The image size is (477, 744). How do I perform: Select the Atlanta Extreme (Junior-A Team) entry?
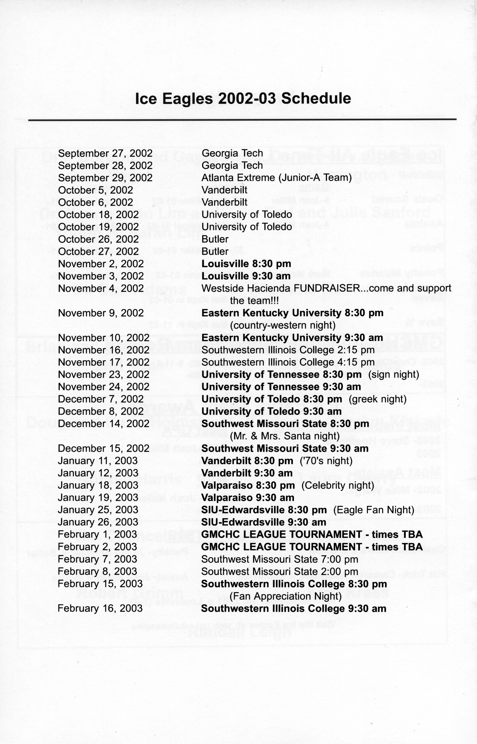[277, 178]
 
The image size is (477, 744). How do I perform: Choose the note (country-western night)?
[283, 325]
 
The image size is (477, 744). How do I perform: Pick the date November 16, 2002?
[103, 350]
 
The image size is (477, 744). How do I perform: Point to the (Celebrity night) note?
[338, 485]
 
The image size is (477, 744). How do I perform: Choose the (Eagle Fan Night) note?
[374, 510]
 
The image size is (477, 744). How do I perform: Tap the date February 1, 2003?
[97, 534]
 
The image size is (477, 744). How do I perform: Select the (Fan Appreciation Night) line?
[286, 596]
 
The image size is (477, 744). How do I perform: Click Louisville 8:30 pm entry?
[246, 264]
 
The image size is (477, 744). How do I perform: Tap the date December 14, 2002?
[103, 424]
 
